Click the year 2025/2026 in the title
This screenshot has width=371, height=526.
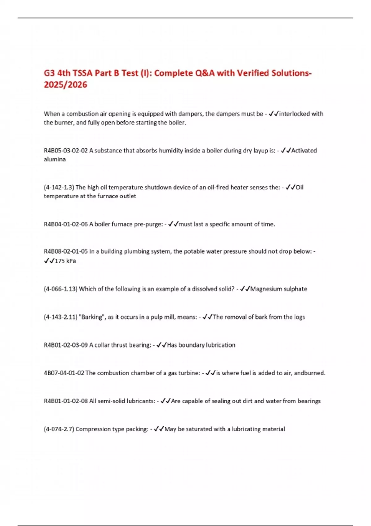pyautogui.click(x=66, y=84)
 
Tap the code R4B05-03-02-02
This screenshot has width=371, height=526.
pyautogui.click(x=66, y=151)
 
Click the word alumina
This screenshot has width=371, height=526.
pyautogui.click(x=55, y=159)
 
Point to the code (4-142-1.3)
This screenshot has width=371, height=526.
pyautogui.click(x=59, y=188)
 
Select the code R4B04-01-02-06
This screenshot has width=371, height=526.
pyautogui.click(x=66, y=224)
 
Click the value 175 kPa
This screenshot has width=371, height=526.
pyautogui.click(x=65, y=261)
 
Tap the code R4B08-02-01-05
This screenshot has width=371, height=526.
pyautogui.click(x=66, y=252)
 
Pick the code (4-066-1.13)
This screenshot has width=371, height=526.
pyautogui.click(x=60, y=289)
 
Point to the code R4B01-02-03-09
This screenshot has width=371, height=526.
pyautogui.click(x=66, y=345)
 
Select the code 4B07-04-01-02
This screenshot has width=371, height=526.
pyautogui.click(x=64, y=373)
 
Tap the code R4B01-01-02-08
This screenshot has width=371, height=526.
pyautogui.click(x=66, y=401)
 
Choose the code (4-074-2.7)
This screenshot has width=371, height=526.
pyautogui.click(x=59, y=429)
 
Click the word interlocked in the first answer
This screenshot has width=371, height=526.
pyautogui.click(x=294, y=114)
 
